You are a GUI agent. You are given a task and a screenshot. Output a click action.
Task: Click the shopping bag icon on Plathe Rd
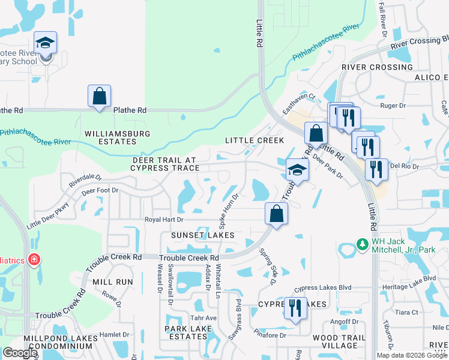pyautogui.click(x=99, y=96)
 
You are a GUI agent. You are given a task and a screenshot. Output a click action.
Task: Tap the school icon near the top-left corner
pyautogui.click(x=45, y=43)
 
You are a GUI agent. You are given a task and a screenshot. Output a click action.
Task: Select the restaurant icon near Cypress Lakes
pyautogui.click(x=295, y=308)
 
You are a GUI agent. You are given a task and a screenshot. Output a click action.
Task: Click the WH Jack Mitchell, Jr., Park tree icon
pyautogui.click(x=362, y=244)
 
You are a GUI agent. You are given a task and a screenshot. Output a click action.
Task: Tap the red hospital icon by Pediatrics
pyautogui.click(x=35, y=260)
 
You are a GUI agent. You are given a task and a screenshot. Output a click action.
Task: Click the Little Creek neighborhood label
pyautogui.click(x=255, y=140)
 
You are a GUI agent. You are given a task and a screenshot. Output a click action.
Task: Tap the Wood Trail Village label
pyautogui.click(x=340, y=341)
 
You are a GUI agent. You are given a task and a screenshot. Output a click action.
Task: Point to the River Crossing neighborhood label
pyautogui.click(x=377, y=67)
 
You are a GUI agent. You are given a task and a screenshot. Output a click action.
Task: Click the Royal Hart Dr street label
pyautogui.click(x=164, y=220)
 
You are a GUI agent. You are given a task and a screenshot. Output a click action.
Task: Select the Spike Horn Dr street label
pyautogui.click(x=229, y=209)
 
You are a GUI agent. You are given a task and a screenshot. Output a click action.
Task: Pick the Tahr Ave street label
pyautogui.click(x=203, y=318)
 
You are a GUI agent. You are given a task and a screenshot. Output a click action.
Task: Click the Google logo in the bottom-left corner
pyautogui.click(x=20, y=353)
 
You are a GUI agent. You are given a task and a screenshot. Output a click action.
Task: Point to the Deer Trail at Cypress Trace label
pyautogui.click(x=164, y=164)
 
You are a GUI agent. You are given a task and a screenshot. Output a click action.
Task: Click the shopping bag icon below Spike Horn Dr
pyautogui.click(x=276, y=214)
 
